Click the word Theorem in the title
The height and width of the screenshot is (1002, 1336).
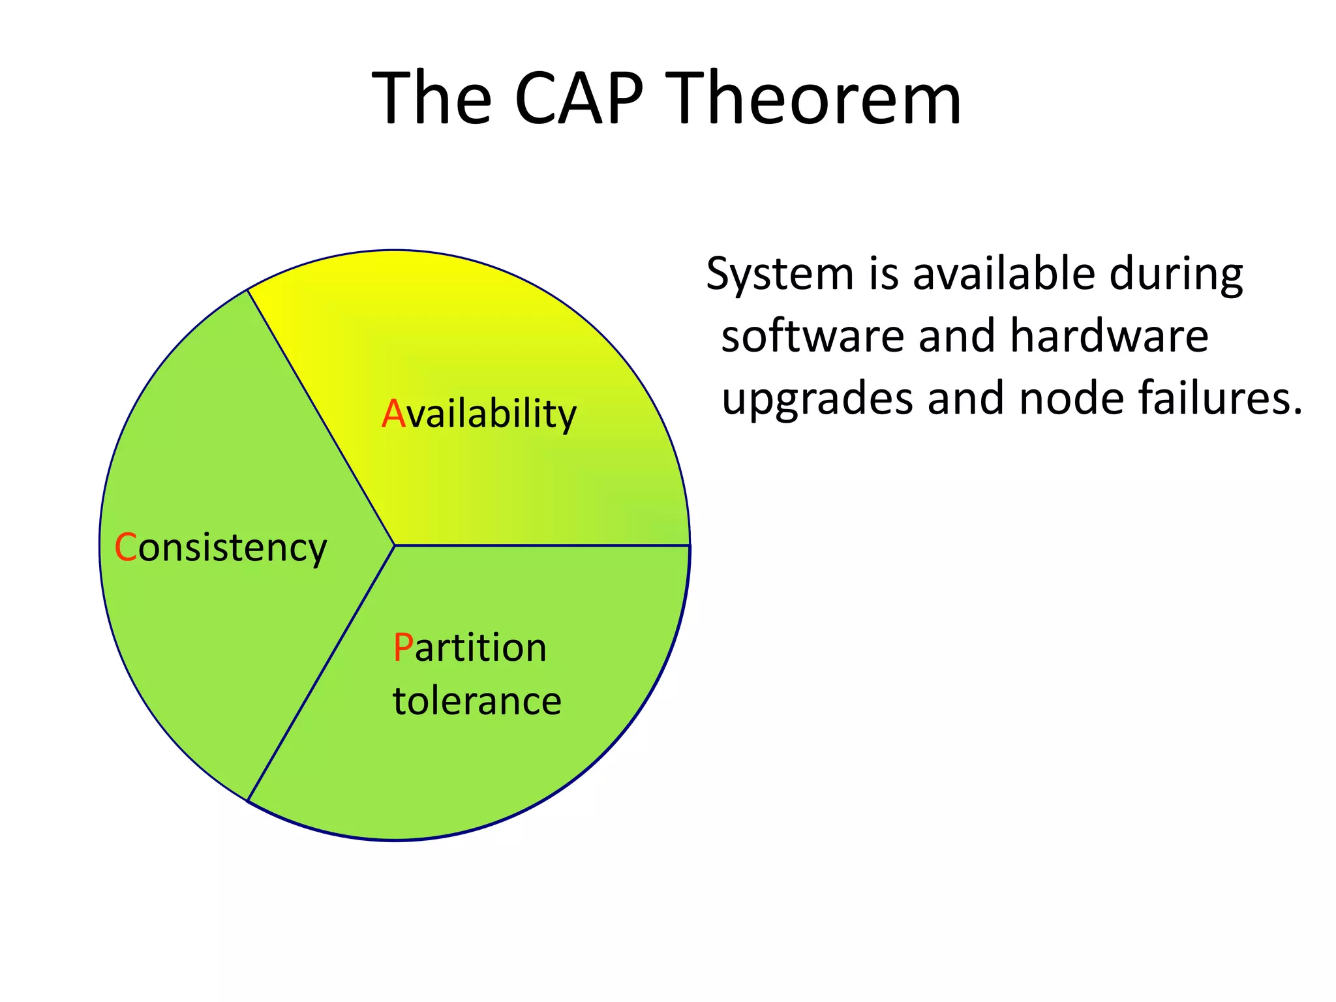[x=815, y=99]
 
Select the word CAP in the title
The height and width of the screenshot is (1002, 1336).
[x=579, y=99]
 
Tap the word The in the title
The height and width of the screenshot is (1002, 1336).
[x=431, y=99]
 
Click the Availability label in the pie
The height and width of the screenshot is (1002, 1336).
[x=479, y=414]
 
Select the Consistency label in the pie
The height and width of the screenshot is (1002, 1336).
[x=220, y=548]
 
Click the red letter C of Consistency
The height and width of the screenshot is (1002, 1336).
[x=125, y=547]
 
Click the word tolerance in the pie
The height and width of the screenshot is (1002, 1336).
[x=477, y=701]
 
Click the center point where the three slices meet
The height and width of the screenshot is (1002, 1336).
[x=395, y=545]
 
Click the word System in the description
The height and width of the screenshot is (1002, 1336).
[x=780, y=275]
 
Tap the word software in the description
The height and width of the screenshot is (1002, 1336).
[x=812, y=337]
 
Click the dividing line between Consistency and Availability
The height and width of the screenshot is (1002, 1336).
[x=321, y=417]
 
